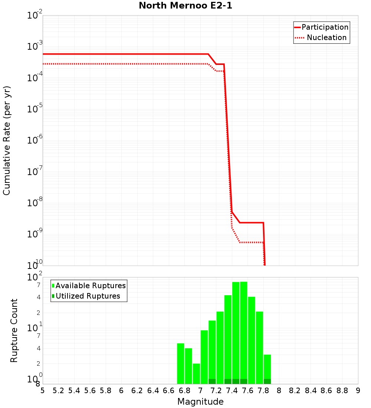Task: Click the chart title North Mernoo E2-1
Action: click(x=185, y=6)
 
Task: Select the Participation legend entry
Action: click(x=325, y=27)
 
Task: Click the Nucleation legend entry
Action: click(x=326, y=37)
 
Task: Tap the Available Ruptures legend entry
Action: click(x=91, y=286)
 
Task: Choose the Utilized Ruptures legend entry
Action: click(x=88, y=296)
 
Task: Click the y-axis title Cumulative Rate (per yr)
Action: click(x=7, y=140)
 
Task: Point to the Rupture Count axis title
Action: click(x=14, y=330)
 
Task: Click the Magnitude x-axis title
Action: click(x=200, y=402)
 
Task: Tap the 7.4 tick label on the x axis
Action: click(x=232, y=391)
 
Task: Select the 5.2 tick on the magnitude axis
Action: click(x=59, y=391)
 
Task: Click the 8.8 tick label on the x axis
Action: click(x=342, y=391)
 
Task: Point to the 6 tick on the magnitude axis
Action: click(x=121, y=391)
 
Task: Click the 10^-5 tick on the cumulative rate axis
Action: click(x=35, y=109)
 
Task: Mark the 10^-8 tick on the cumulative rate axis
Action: click(x=35, y=203)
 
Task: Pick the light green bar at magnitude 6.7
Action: click(x=181, y=363)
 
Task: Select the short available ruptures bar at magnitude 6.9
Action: click(x=196, y=374)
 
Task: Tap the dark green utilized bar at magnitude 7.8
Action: click(x=267, y=381)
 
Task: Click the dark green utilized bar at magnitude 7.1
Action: click(x=212, y=381)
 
